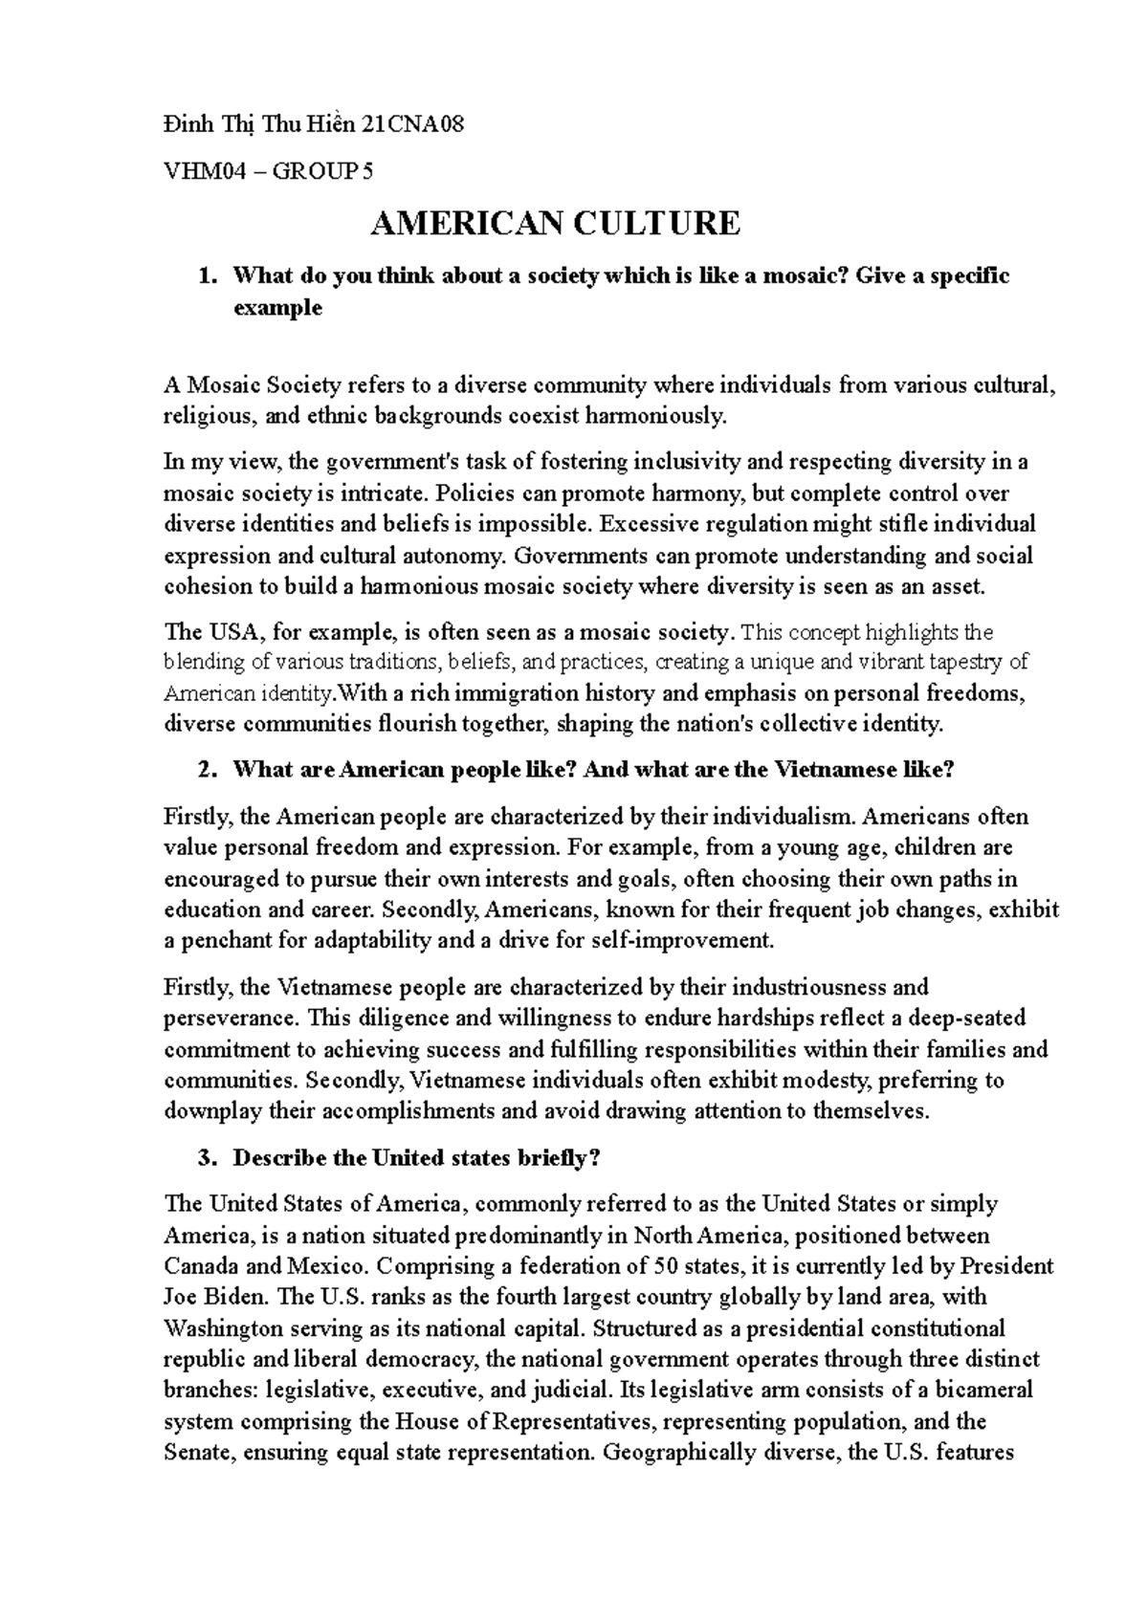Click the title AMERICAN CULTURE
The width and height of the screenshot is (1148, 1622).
[x=555, y=223]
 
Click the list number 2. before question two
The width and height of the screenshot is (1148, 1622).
[x=204, y=770]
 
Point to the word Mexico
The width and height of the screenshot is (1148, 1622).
[x=325, y=1266]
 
